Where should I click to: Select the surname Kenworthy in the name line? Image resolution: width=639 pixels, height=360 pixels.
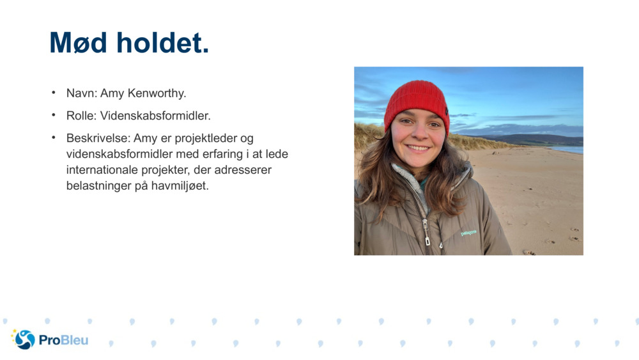pos(157,93)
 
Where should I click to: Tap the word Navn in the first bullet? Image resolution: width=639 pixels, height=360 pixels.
pos(81,93)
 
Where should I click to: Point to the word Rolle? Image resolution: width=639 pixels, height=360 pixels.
pos(81,116)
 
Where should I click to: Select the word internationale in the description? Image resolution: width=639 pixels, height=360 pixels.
pos(105,171)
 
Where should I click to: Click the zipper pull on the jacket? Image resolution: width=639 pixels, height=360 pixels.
pos(426,240)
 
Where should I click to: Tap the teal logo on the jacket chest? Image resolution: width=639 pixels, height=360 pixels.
pos(468,233)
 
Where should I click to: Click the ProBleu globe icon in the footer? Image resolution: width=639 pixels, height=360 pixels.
pos(24,340)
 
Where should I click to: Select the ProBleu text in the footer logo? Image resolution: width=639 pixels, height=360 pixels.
pos(63,340)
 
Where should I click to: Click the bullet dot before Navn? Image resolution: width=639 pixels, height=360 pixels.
pos(54,93)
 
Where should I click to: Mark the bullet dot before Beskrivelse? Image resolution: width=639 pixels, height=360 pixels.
pos(54,137)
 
